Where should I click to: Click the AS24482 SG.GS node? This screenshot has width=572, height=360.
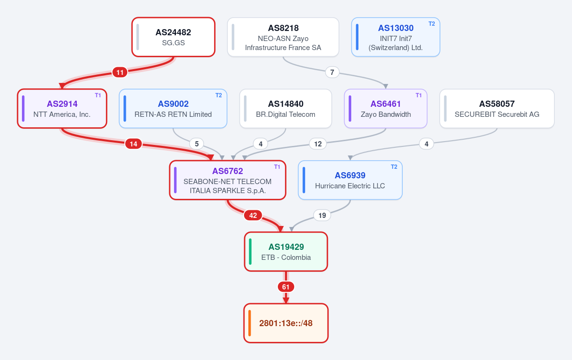174,37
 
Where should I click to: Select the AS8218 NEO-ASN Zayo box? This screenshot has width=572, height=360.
283,37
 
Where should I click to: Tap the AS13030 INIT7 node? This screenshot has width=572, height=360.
396,37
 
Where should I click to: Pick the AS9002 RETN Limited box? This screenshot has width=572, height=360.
173,109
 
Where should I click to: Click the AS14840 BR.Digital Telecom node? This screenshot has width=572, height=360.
286,109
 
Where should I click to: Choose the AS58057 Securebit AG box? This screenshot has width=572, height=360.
497,109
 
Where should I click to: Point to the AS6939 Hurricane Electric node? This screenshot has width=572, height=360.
350,180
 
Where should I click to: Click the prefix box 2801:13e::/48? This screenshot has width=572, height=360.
286,323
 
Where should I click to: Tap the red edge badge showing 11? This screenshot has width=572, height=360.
120,72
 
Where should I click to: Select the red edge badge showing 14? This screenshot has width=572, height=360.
133,144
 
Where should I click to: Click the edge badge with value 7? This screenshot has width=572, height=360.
332,72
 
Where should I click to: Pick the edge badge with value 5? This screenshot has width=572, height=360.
196,144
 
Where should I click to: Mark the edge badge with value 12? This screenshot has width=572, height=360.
317,144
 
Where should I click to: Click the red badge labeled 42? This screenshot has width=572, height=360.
253,216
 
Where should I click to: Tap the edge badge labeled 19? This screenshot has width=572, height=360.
322,216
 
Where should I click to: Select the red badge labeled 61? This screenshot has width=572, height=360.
286,287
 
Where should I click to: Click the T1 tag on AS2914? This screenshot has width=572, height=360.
98,95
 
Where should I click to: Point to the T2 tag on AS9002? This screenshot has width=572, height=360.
219,95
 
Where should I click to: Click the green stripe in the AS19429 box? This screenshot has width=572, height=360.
250,252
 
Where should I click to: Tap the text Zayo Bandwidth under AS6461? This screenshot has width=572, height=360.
386,114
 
